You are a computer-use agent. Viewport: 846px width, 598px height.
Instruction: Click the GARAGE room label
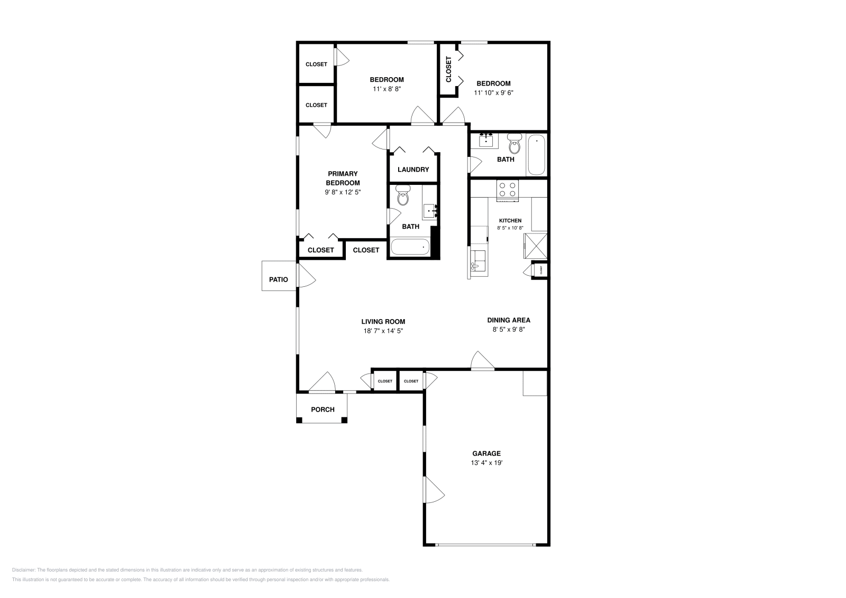[486, 453]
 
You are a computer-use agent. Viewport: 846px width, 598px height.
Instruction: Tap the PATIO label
[278, 279]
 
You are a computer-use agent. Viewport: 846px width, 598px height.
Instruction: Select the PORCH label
[323, 409]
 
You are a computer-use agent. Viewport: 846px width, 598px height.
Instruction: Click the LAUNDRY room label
[413, 170]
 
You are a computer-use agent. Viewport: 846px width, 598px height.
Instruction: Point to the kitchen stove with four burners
[507, 190]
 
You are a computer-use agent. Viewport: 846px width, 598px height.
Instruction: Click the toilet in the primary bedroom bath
[403, 197]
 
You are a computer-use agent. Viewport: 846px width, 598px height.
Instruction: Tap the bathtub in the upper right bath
[536, 154]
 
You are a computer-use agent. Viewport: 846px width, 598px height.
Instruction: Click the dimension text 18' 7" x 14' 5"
[383, 331]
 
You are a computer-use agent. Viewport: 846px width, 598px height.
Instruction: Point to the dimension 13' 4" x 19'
[486, 463]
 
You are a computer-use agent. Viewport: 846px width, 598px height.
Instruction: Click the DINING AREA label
[508, 320]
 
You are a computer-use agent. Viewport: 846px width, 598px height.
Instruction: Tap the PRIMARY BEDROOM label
[343, 178]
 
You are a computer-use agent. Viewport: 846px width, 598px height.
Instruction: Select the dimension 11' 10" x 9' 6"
[493, 93]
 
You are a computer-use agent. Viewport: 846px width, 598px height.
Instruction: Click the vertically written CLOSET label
[449, 69]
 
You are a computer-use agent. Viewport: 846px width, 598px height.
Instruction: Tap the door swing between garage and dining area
[482, 360]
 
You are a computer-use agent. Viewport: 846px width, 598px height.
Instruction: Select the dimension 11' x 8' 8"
[387, 89]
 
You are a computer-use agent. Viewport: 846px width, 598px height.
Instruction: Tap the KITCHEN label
[510, 221]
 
